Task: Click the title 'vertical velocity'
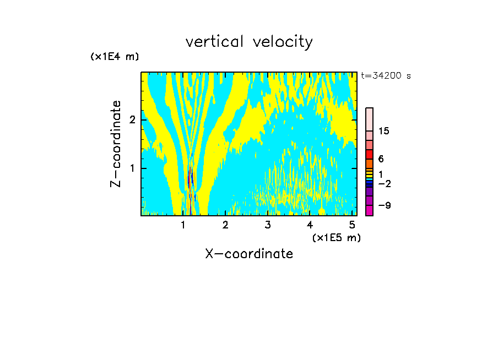(x=249, y=42)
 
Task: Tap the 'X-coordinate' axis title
(x=249, y=254)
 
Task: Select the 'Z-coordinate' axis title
(x=116, y=143)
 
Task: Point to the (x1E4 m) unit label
(x=115, y=57)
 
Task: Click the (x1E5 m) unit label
(x=336, y=237)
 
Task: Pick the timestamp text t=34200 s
(x=386, y=76)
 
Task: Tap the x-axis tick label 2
(x=225, y=225)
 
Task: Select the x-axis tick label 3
(x=268, y=225)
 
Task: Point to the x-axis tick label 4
(x=310, y=225)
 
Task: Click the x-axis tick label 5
(x=352, y=225)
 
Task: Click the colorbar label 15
(x=384, y=131)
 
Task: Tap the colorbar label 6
(x=381, y=159)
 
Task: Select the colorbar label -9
(x=384, y=206)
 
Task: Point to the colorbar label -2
(x=384, y=184)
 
